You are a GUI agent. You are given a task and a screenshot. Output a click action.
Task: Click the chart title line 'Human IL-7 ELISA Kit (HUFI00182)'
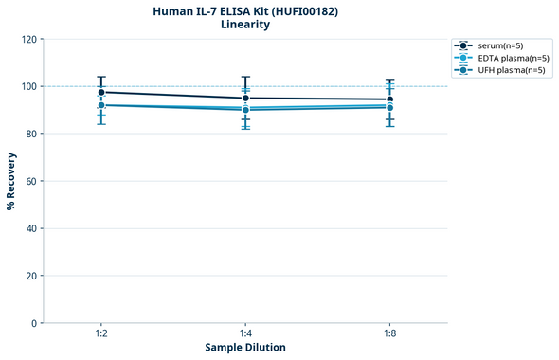245,11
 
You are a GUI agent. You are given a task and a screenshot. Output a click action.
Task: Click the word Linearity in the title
245,26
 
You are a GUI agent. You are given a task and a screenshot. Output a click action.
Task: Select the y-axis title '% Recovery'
11,181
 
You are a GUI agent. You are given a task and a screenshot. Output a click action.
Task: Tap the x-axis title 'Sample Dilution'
245,348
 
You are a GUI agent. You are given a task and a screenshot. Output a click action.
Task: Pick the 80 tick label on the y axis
30,135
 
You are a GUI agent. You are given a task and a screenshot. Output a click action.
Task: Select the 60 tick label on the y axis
30,182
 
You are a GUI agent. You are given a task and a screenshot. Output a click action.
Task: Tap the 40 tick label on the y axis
30,229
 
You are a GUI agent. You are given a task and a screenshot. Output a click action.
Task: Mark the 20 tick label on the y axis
30,277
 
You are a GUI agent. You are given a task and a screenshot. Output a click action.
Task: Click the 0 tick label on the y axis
33,324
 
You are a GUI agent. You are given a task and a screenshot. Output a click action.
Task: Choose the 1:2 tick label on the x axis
101,333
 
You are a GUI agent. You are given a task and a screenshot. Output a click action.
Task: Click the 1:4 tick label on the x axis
245,333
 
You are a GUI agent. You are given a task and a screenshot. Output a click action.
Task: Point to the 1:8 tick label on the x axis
389,333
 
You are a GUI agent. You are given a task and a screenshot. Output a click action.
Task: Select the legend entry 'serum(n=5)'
500,45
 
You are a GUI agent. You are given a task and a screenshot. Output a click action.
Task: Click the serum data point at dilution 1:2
101,92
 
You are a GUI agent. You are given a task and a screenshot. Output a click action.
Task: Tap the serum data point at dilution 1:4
245,99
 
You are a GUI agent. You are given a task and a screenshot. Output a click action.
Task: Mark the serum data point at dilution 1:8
389,99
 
